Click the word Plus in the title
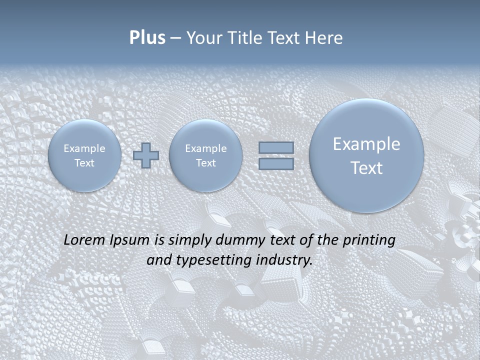point(147,37)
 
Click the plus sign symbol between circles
point(146,155)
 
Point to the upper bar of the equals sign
point(276,147)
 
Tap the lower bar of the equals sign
point(276,163)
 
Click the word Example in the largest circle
point(366,144)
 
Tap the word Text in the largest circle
point(366,168)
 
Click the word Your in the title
point(202,38)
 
